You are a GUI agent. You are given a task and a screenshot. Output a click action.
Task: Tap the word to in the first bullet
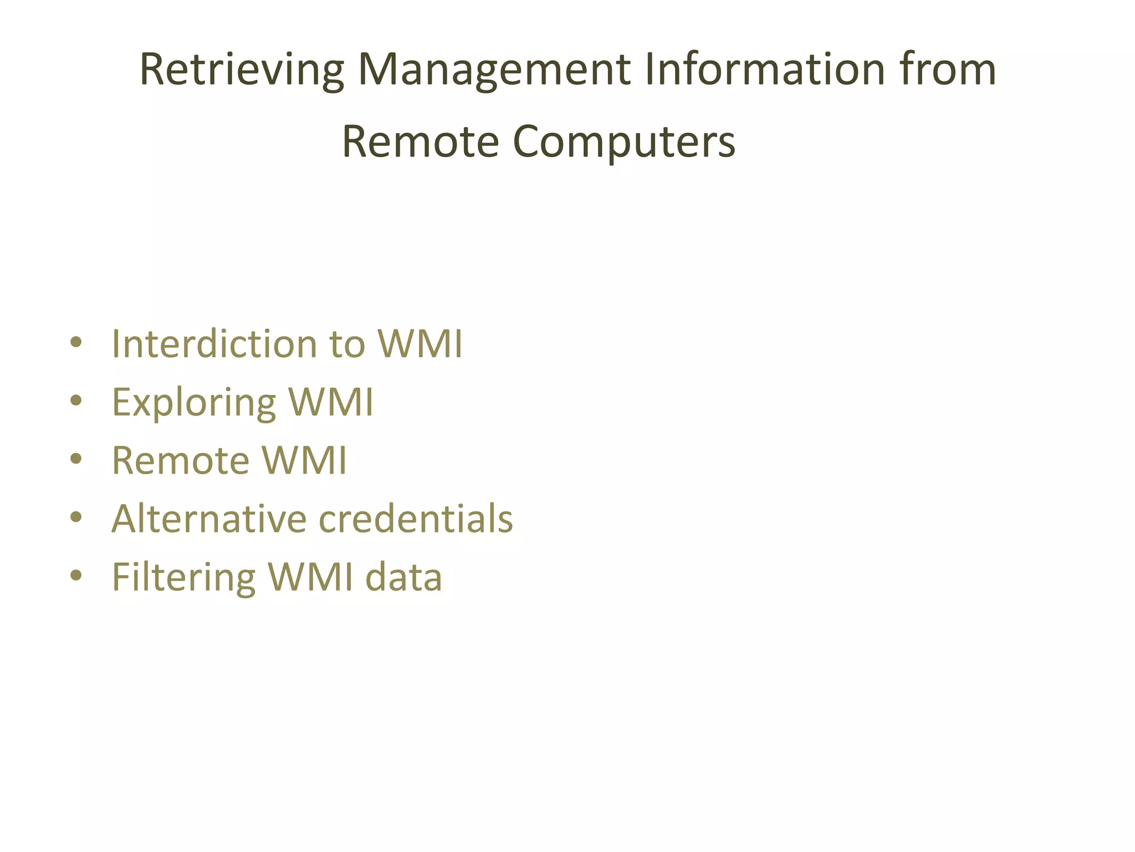click(347, 344)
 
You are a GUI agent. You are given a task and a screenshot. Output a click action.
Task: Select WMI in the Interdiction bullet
click(420, 344)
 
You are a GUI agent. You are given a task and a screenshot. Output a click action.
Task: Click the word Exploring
click(193, 403)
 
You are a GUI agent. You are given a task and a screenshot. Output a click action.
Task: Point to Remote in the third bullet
click(181, 460)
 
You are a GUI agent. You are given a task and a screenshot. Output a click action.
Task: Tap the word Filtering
click(183, 577)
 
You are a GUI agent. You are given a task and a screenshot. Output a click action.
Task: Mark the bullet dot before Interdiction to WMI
click(76, 342)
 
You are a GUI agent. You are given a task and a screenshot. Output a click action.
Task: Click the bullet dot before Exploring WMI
click(76, 400)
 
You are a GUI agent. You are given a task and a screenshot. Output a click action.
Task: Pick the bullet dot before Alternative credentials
click(76, 517)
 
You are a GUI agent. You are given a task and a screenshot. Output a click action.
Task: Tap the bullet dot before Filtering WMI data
click(76, 575)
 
